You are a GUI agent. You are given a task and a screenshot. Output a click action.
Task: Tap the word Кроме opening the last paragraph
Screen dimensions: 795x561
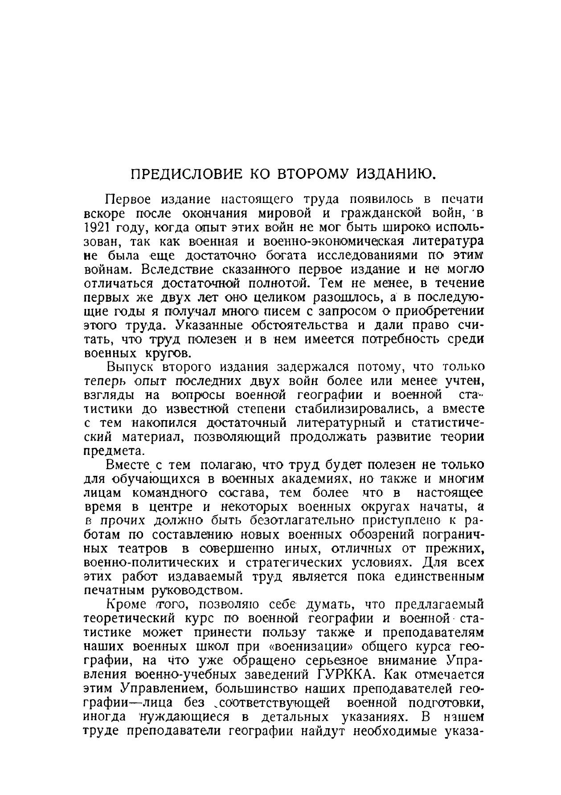[126, 605]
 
